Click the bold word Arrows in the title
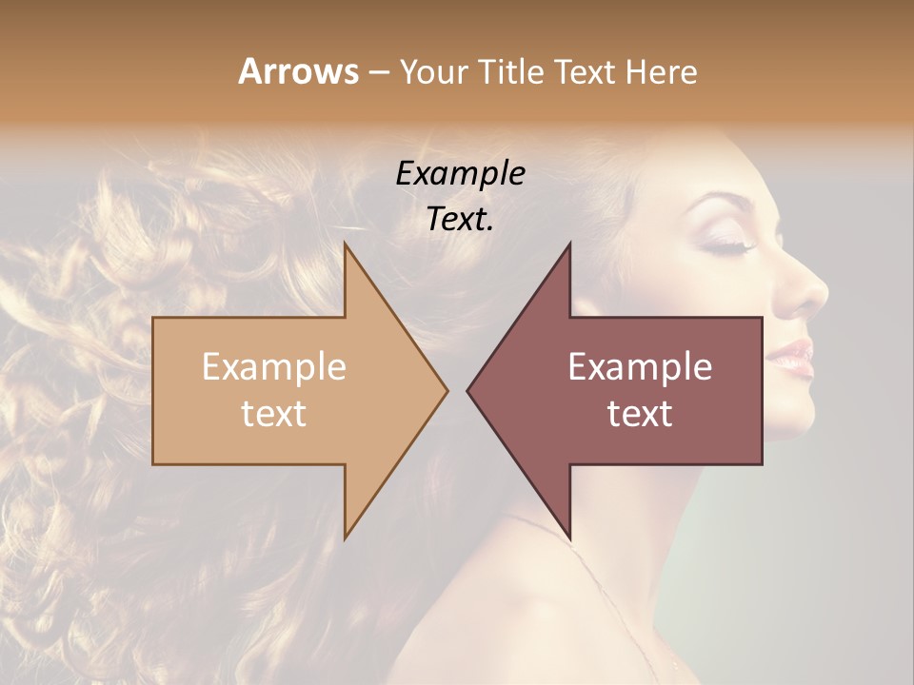(x=298, y=72)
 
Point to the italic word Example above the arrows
(x=460, y=173)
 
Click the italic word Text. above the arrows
(x=460, y=219)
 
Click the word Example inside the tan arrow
(x=274, y=367)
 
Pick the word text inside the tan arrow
(x=274, y=414)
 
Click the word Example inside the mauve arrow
(x=640, y=367)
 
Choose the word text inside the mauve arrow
(x=640, y=414)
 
